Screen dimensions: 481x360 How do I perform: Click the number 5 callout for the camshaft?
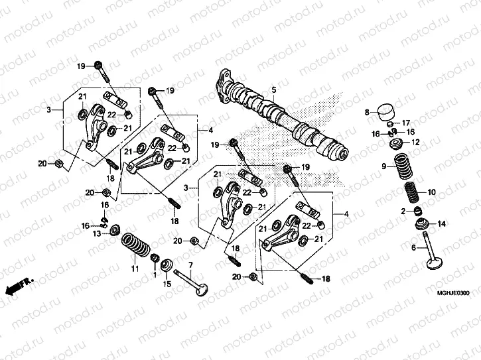coord(273,90)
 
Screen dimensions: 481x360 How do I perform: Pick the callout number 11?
coord(135,269)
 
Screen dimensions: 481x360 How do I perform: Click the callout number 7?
coord(190,266)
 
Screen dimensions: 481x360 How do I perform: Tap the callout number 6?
coord(413,247)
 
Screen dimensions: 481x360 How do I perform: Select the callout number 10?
coord(433,192)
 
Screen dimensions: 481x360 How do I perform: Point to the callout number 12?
coord(416,142)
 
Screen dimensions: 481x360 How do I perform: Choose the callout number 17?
coord(407,123)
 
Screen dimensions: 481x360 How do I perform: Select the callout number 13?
coord(97,234)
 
